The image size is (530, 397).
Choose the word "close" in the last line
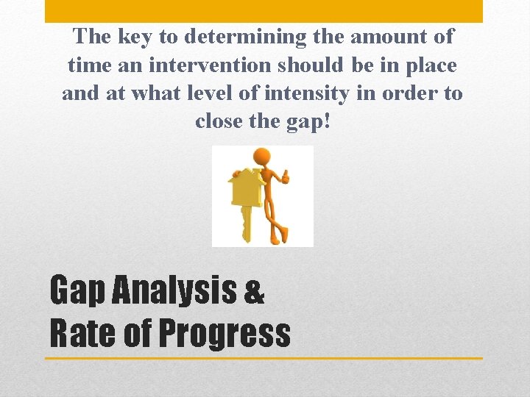tap(220, 122)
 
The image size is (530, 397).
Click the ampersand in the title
tap(252, 293)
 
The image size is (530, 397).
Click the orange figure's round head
tap(261, 157)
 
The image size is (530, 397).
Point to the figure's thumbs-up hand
tap(285, 176)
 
